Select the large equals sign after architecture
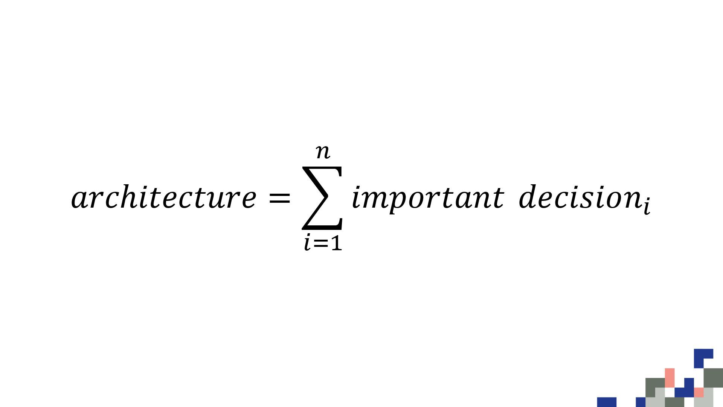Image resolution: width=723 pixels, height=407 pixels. click(279, 197)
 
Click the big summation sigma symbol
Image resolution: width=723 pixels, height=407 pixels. click(322, 198)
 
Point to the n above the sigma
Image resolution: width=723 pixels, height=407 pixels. click(323, 151)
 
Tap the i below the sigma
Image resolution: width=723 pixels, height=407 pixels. click(308, 243)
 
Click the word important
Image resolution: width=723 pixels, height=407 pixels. click(427, 198)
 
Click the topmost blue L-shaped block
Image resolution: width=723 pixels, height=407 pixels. click(703, 357)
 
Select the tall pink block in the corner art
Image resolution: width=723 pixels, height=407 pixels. click(670, 378)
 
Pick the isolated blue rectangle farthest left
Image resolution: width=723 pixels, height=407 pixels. click(607, 402)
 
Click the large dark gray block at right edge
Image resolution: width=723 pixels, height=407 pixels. click(713, 378)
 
